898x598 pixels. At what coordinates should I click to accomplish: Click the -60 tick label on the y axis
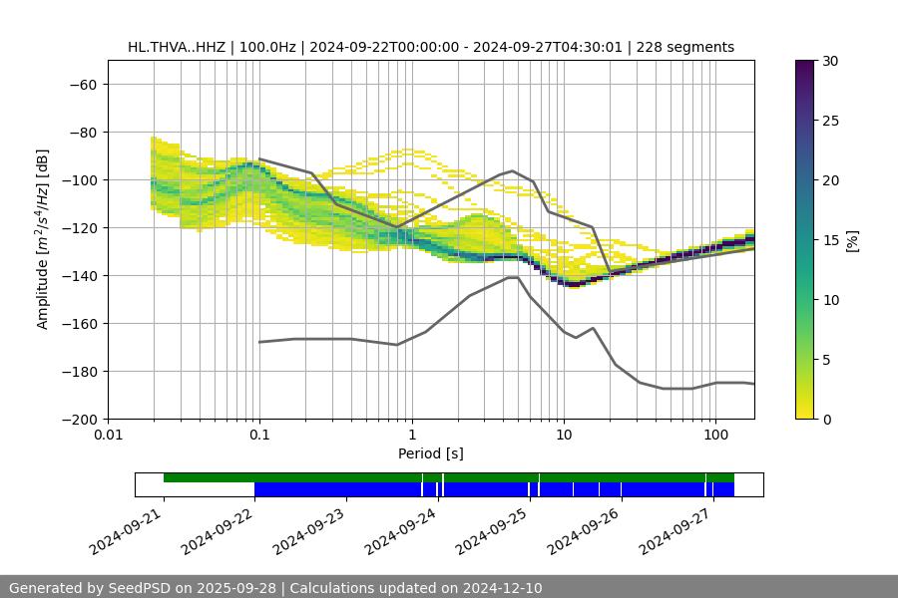click(82, 84)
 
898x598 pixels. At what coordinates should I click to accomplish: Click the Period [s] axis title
click(430, 453)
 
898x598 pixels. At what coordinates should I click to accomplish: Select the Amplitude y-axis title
click(43, 239)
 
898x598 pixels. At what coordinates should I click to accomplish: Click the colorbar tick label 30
click(829, 61)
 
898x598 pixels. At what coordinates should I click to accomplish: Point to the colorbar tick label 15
click(829, 240)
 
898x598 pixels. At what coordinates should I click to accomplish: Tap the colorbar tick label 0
click(825, 419)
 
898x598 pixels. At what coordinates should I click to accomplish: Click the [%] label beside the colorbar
click(852, 240)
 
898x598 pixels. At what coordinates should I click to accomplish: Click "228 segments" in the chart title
click(688, 47)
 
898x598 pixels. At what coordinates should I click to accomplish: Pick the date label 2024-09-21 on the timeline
click(128, 530)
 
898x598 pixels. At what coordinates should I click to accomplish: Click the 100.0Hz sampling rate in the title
click(261, 47)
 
